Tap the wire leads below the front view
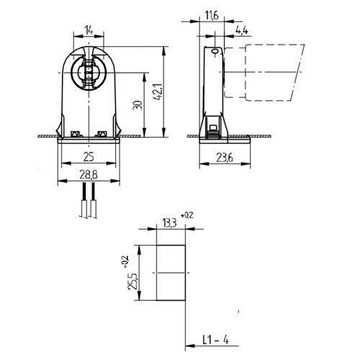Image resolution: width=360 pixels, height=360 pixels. point(89,202)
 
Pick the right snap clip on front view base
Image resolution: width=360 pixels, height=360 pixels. point(102,133)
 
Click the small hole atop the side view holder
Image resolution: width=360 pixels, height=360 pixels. point(213,51)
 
